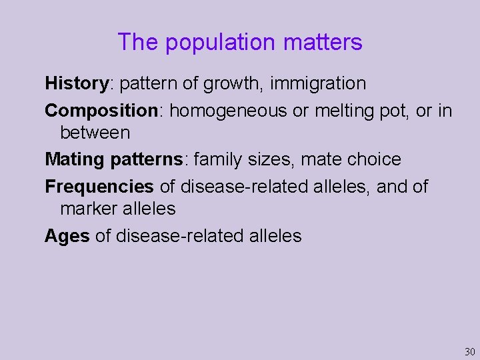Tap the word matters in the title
pyautogui.click(x=323, y=43)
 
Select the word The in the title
pyautogui.click(x=138, y=43)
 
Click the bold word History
pyautogui.click(x=77, y=84)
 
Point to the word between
pyautogui.click(x=95, y=133)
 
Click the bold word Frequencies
pyautogui.click(x=99, y=187)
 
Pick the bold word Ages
pyautogui.click(x=67, y=236)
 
